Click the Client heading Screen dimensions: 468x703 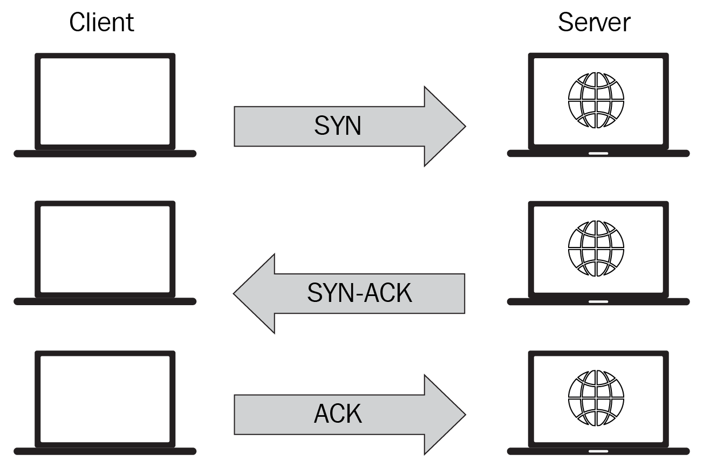click(x=101, y=23)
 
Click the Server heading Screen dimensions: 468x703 click(x=594, y=23)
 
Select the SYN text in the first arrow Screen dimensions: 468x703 click(x=338, y=126)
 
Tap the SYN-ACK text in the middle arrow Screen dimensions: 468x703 click(x=359, y=293)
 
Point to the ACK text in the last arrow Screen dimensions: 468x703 click(x=338, y=414)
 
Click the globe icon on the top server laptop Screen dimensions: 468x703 click(x=596, y=100)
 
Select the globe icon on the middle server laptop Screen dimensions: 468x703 click(x=596, y=248)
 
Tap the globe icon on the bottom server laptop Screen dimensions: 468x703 click(x=596, y=397)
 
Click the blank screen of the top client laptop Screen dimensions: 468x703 click(x=105, y=101)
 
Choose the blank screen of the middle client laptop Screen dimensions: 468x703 click(x=105, y=249)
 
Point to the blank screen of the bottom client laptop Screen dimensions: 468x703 click(x=105, y=398)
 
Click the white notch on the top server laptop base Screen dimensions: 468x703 click(x=598, y=154)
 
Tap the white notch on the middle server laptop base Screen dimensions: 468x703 click(x=598, y=301)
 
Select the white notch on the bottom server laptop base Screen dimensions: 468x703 click(x=598, y=451)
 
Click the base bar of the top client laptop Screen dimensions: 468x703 click(x=105, y=154)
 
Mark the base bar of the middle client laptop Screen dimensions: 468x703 click(x=105, y=301)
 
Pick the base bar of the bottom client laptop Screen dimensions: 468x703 click(x=105, y=451)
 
